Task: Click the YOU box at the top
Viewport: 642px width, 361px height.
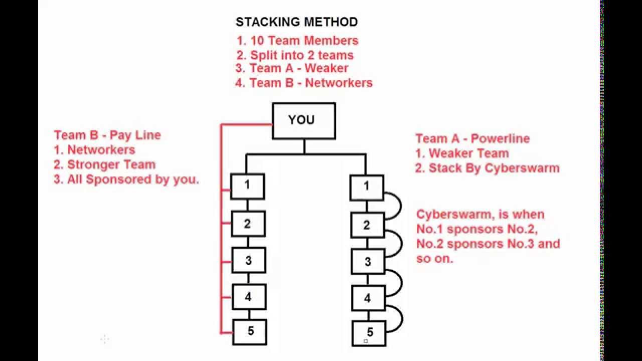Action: tap(303, 121)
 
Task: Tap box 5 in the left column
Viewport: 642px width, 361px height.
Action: tap(250, 331)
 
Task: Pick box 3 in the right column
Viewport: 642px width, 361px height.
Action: tap(367, 261)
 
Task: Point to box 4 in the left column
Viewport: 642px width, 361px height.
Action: tap(249, 296)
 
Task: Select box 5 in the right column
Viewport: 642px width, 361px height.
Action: tap(370, 332)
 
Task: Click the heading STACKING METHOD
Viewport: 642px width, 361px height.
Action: tap(297, 22)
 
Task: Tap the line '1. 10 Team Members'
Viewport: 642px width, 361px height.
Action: tap(297, 41)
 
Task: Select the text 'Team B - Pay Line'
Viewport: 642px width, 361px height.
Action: tap(107, 135)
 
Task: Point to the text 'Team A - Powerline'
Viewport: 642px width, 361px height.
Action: tap(472, 138)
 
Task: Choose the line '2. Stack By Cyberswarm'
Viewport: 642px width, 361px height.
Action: tap(487, 168)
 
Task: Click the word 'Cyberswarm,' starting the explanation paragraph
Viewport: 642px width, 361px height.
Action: tap(447, 214)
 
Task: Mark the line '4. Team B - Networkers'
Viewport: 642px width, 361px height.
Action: tap(304, 83)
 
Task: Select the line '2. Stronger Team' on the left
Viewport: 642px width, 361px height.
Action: tap(105, 164)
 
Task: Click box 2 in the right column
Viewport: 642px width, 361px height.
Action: tap(367, 225)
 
